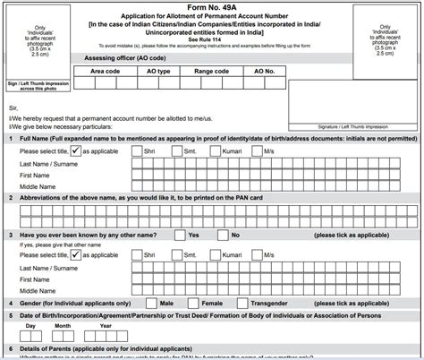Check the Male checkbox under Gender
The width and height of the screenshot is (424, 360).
[x=154, y=304]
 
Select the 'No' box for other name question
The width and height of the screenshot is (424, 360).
[x=222, y=234]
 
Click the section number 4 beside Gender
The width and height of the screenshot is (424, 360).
[x=10, y=304]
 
